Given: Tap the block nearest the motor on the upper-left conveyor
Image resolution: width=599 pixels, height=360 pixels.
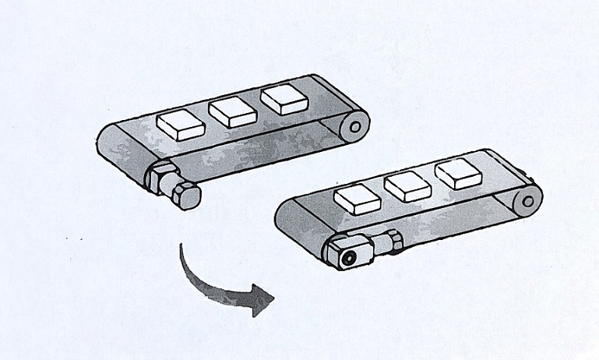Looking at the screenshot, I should tap(180, 124).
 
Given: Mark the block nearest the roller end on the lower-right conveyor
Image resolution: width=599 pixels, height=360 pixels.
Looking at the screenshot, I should tap(457, 172).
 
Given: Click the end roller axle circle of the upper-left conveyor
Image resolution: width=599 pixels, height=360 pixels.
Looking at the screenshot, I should tap(355, 124).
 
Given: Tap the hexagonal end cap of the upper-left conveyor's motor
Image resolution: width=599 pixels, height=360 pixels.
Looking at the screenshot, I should tap(186, 195).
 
